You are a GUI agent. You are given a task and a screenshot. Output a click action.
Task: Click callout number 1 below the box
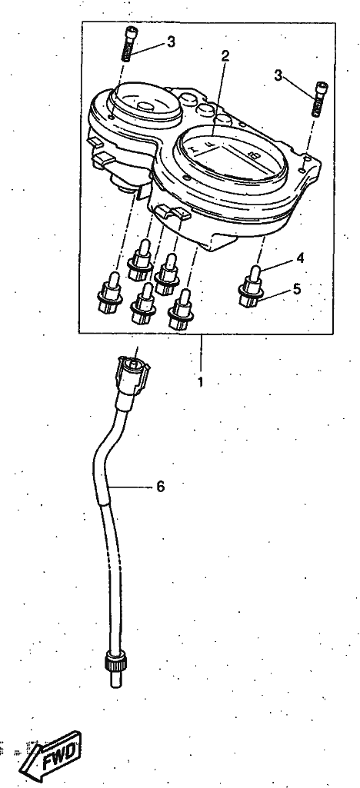[201, 382]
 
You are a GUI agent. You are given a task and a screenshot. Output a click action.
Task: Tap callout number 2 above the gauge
[225, 56]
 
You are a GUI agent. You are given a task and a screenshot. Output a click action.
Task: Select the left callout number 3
[172, 42]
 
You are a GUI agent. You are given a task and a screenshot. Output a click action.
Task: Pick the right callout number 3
[278, 75]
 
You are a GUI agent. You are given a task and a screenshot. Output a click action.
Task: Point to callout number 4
[300, 258]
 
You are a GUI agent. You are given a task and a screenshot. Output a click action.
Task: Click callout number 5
[297, 289]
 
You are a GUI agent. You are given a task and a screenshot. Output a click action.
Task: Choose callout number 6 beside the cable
[161, 487]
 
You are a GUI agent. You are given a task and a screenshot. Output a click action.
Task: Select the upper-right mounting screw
[319, 99]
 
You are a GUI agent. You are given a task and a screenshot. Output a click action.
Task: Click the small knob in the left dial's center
[146, 106]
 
